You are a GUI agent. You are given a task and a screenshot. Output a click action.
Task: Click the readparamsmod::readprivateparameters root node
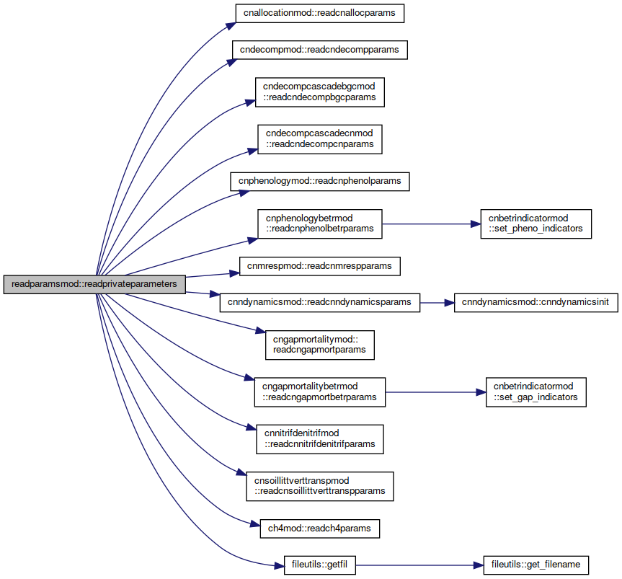click(94, 284)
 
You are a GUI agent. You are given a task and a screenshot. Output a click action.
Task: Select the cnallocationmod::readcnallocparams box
click(320, 13)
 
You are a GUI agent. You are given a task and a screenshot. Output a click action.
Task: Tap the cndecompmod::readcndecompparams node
click(320, 50)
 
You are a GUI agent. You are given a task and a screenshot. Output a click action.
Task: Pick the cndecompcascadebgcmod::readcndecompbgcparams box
click(320, 92)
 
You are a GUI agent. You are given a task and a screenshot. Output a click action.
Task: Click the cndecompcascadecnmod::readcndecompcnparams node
click(320, 139)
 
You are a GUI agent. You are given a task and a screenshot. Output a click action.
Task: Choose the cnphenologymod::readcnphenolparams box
click(320, 182)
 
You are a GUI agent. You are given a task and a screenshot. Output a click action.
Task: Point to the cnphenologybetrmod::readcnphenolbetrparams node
click(320, 224)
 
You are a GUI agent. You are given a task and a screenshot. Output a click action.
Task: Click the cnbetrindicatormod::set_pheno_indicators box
click(536, 224)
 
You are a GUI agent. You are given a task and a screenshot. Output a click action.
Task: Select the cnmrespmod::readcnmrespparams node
click(320, 266)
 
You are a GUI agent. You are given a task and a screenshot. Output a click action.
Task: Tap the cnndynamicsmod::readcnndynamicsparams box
click(320, 302)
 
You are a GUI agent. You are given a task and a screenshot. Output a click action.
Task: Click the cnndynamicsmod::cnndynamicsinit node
click(536, 302)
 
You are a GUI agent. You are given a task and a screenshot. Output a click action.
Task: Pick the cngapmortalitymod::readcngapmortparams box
click(320, 345)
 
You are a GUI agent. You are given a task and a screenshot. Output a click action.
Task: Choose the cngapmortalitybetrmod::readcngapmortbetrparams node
click(320, 392)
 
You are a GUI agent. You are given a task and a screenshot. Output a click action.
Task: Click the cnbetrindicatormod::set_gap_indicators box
click(536, 392)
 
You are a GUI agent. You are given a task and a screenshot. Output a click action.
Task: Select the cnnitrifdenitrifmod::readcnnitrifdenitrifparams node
click(320, 439)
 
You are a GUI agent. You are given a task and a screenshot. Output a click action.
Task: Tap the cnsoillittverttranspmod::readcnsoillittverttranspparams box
click(320, 486)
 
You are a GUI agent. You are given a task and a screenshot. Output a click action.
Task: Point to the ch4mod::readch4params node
click(320, 529)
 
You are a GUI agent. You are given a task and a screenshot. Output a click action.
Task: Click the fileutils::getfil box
click(320, 565)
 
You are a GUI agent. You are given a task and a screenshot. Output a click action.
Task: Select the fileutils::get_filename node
click(536, 565)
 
